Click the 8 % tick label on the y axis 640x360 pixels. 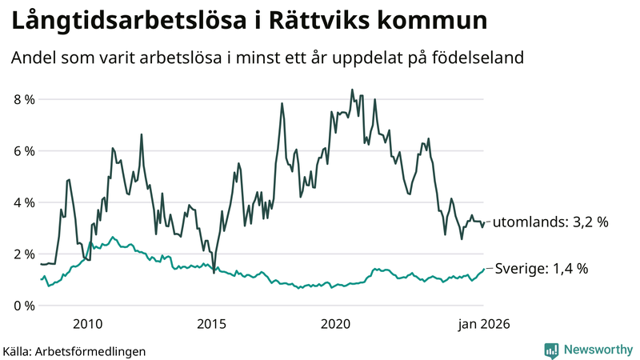coord(24,99)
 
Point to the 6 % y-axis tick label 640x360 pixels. coord(24,151)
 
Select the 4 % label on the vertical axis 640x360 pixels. coord(24,202)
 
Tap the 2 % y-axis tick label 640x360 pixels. coord(24,254)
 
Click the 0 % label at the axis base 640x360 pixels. coord(24,306)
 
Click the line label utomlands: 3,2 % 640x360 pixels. coord(550,222)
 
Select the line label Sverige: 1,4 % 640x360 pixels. coord(542,269)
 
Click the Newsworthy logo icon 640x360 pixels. coord(551,350)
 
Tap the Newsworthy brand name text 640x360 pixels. coord(597,350)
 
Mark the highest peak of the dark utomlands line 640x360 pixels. coord(353,90)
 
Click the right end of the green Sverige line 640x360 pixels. coord(484,270)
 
